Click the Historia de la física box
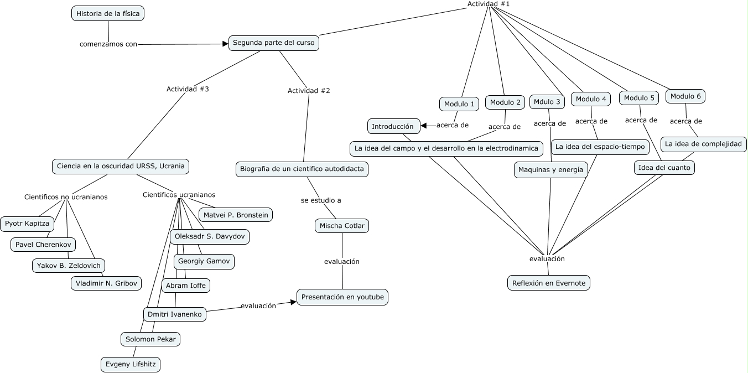(x=108, y=13)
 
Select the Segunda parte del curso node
(x=274, y=43)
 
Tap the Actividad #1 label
(x=489, y=4)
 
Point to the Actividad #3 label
(x=188, y=89)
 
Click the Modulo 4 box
(x=591, y=99)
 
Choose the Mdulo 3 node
(x=547, y=102)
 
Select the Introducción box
(x=393, y=126)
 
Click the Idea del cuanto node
(x=664, y=167)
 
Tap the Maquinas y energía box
(x=550, y=170)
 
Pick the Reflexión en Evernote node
(x=549, y=283)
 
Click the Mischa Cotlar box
(x=342, y=226)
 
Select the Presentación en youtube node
(x=342, y=297)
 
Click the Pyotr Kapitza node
(x=27, y=224)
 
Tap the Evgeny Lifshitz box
(x=131, y=364)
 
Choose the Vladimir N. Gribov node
(x=106, y=283)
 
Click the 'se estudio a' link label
(x=321, y=200)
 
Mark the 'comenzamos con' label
(x=108, y=44)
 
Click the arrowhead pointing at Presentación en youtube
(x=294, y=302)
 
